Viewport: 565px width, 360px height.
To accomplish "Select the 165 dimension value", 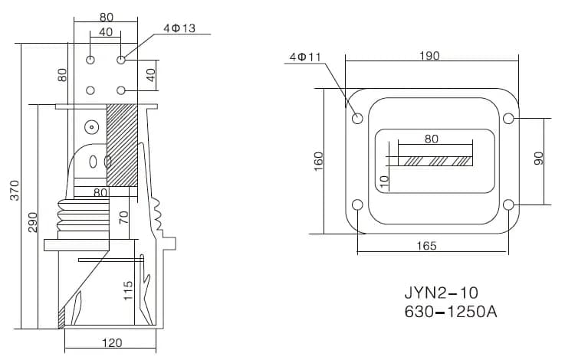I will (427, 246).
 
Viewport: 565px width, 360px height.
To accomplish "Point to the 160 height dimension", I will (319, 160).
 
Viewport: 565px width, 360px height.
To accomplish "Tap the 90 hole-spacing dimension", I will (538, 159).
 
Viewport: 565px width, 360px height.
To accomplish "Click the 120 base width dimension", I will (111, 343).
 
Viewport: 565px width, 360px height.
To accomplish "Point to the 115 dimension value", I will (128, 290).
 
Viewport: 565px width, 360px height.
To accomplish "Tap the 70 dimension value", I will (123, 217).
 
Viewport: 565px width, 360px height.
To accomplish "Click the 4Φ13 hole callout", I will (179, 28).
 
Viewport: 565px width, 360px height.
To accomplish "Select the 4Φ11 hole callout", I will (305, 57).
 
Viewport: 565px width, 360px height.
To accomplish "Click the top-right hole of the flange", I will (508, 119).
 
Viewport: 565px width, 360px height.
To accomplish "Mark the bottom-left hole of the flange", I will (357, 205).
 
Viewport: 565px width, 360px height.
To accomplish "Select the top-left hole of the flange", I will (357, 119).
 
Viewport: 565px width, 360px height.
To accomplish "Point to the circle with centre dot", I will (91, 126).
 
